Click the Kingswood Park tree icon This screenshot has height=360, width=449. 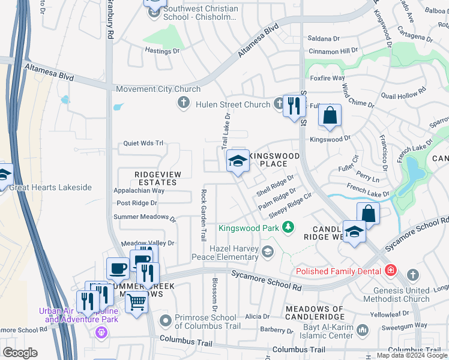click(x=289, y=227)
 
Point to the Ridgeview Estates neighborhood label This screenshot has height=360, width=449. click(x=146, y=178)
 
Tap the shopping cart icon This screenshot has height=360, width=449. click(x=137, y=301)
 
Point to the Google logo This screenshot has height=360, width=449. click(x=20, y=353)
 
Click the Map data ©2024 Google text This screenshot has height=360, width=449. click(x=412, y=355)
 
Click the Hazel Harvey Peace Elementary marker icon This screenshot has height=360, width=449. click(x=268, y=252)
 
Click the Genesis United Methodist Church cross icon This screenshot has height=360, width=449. click(x=412, y=274)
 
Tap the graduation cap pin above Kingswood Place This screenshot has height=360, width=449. click(x=238, y=160)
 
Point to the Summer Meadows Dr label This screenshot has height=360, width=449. click(x=144, y=217)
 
